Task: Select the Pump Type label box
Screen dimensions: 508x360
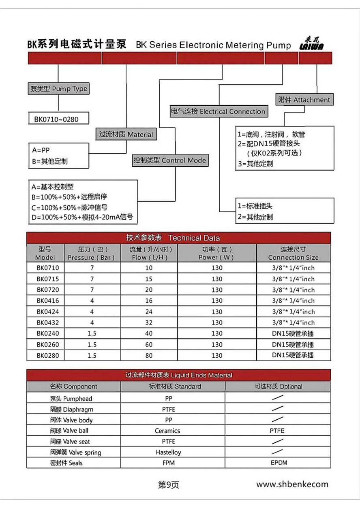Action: click(59, 89)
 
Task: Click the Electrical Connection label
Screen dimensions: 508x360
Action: click(218, 111)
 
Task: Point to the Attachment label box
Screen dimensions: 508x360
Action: click(304, 100)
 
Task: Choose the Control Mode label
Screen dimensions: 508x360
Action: click(170, 160)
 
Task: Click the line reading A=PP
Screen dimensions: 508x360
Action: click(41, 150)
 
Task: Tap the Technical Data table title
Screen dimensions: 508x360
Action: click(178, 238)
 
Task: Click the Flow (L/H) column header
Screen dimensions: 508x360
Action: click(149, 253)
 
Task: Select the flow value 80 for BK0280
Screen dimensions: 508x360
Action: click(149, 355)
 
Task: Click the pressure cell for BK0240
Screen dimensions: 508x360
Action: click(92, 333)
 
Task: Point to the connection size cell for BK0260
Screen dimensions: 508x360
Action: click(293, 344)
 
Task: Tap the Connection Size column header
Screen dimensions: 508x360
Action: click(293, 253)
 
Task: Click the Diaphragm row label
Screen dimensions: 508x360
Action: click(71, 409)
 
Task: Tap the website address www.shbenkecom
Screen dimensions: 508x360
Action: click(292, 484)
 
